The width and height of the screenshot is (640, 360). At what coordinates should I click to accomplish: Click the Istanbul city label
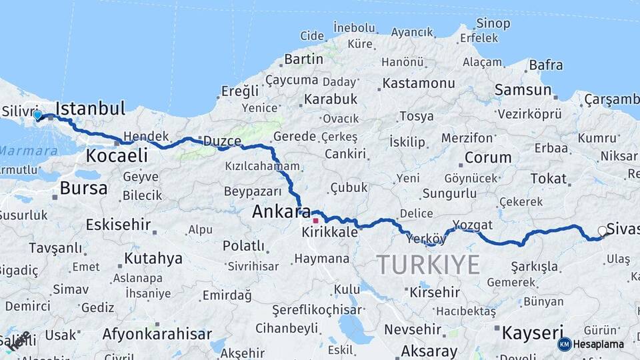coord(90,108)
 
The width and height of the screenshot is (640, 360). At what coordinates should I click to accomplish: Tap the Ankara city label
coord(281,213)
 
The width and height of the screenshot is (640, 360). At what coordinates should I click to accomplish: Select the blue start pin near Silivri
coord(37,115)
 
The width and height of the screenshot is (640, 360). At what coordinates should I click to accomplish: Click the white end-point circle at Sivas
coord(603,231)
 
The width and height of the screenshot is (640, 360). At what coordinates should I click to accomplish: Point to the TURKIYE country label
coord(428,265)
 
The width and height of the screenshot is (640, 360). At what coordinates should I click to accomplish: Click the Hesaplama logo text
coord(598,344)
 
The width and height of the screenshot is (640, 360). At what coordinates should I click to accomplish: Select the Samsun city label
coord(523,90)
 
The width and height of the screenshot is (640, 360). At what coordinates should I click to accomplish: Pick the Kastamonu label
coord(418,84)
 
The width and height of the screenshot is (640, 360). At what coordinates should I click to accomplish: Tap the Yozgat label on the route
coord(472,224)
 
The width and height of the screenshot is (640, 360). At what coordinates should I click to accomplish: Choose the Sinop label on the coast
coord(494,24)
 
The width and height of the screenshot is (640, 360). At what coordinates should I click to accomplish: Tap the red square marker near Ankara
coord(315,219)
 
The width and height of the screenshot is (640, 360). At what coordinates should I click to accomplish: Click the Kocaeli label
coord(116,156)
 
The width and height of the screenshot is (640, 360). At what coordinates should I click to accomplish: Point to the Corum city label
coord(487,158)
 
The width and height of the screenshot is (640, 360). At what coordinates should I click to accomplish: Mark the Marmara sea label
coord(28,151)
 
